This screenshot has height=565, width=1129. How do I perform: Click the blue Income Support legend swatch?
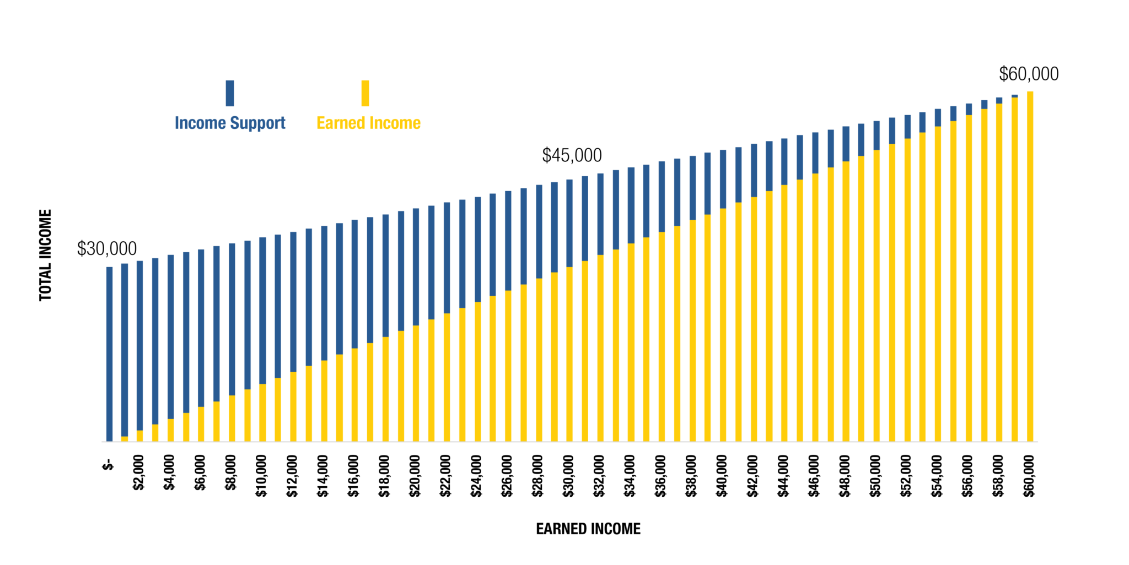(230, 93)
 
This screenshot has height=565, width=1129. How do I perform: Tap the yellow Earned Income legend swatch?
(365, 93)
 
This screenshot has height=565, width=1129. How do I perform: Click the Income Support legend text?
(230, 123)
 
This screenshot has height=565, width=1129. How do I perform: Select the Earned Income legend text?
(368, 123)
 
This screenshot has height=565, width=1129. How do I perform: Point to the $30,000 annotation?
(107, 249)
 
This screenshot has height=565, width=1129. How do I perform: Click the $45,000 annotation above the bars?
(572, 155)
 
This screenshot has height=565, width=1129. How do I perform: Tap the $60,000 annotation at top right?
(1029, 74)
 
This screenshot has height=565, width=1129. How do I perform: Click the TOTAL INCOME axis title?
(45, 255)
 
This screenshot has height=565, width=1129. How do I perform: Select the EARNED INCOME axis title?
(588, 529)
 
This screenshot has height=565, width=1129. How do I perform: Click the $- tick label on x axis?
(108, 464)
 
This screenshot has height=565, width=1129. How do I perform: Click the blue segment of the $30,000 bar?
(569, 223)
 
